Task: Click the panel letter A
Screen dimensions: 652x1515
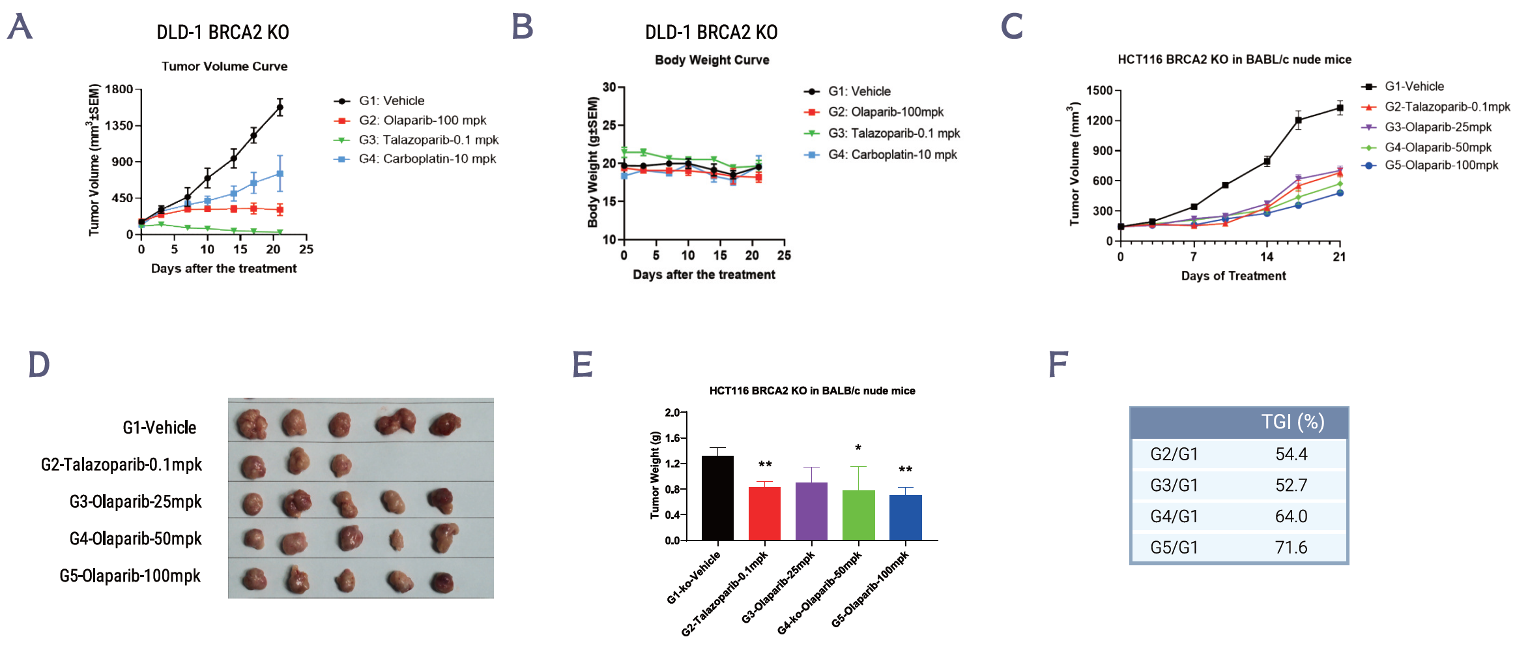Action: click(x=20, y=27)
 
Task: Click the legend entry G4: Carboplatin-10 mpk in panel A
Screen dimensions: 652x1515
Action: click(x=427, y=159)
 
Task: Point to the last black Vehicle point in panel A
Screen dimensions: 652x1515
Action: click(x=280, y=108)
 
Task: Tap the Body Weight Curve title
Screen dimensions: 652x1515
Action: click(x=712, y=60)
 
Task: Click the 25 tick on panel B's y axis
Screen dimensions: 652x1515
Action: click(x=609, y=125)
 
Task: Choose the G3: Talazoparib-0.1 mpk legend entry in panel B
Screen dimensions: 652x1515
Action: click(x=893, y=134)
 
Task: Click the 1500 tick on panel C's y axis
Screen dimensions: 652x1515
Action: click(x=1099, y=91)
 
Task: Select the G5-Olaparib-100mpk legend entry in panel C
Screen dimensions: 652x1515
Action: click(x=1441, y=166)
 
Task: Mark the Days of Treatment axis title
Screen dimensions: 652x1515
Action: click(x=1233, y=276)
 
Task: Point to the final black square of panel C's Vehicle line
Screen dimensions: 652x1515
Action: click(x=1340, y=108)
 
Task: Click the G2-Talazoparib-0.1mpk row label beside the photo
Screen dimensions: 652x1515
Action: click(x=121, y=465)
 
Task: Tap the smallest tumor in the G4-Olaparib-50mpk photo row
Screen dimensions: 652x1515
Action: click(x=396, y=540)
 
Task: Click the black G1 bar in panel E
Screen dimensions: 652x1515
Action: click(x=717, y=498)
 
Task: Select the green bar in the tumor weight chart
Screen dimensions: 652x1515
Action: click(x=858, y=515)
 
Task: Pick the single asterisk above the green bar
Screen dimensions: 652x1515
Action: click(x=858, y=448)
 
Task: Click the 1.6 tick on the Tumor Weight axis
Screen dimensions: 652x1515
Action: click(x=672, y=438)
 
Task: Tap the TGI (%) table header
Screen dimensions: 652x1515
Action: click(x=1292, y=422)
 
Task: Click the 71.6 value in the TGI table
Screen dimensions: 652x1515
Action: click(x=1291, y=548)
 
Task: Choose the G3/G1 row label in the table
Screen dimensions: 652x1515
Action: click(x=1174, y=486)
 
